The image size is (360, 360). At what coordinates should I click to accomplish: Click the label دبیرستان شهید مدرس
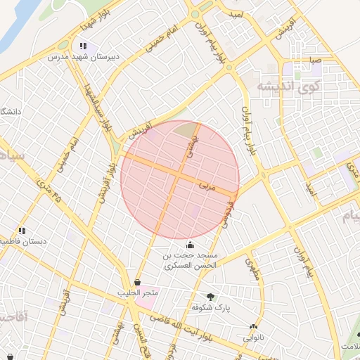82,55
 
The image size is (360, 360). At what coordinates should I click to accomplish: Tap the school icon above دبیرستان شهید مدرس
83,46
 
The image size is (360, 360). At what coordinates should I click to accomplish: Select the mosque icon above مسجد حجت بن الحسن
190,245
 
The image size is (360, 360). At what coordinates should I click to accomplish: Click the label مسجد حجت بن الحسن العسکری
191,260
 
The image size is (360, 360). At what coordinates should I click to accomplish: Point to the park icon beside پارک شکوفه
210,297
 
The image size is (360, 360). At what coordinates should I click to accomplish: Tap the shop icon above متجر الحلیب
136,283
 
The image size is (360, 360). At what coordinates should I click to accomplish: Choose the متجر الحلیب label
141,292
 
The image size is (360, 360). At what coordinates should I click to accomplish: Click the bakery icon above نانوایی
253,326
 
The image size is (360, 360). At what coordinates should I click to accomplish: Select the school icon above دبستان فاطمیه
22,231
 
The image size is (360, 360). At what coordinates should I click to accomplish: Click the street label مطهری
252,270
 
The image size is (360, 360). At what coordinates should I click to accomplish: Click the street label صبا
314,60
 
